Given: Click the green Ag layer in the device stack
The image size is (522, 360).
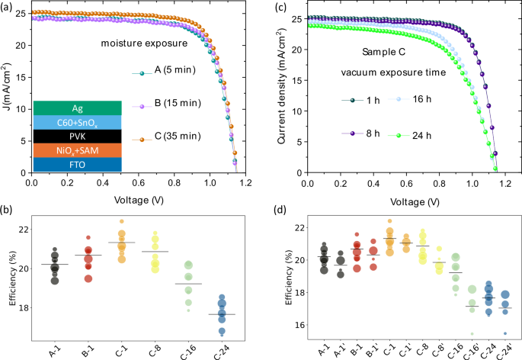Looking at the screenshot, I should pos(78,108).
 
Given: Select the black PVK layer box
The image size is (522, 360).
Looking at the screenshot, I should pos(78,136).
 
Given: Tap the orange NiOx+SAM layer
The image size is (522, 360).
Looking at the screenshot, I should pos(78,150).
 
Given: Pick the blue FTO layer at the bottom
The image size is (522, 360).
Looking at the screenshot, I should pos(78,165).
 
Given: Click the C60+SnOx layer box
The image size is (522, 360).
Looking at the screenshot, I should pos(78,122).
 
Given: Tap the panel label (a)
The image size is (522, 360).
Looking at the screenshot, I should pos(9,7).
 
